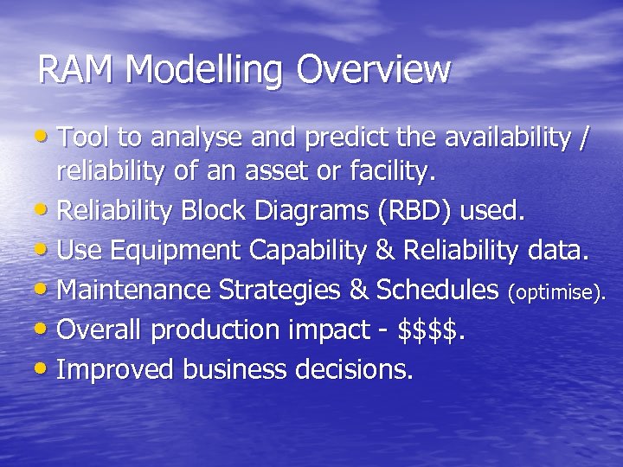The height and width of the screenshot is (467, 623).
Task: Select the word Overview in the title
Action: [374, 70]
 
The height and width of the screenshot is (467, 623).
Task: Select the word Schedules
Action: [438, 290]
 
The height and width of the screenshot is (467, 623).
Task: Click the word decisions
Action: [355, 369]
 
